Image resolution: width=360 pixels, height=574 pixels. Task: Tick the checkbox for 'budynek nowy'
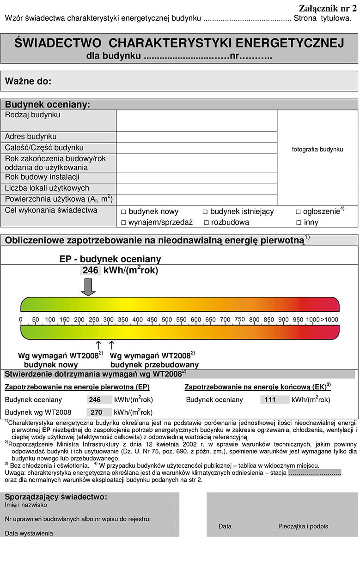click(x=123, y=212)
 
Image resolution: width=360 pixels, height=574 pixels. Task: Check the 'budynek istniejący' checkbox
click(x=205, y=212)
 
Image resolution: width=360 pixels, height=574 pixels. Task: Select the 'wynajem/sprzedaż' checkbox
click(x=123, y=223)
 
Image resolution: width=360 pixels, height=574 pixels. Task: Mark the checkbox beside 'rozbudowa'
click(x=206, y=223)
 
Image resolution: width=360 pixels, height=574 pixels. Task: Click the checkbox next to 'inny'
click(x=299, y=223)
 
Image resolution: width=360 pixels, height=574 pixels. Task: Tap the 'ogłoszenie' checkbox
click(x=298, y=212)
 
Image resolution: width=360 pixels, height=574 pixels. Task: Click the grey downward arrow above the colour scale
click(x=88, y=287)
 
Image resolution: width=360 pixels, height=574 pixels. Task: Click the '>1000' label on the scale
click(x=329, y=320)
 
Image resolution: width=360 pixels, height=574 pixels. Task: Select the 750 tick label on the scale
click(x=239, y=319)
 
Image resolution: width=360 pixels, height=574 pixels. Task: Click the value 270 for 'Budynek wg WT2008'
click(x=96, y=412)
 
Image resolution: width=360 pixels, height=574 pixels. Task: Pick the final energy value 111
click(x=270, y=400)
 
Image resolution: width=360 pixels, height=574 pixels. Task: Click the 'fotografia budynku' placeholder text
click(x=317, y=150)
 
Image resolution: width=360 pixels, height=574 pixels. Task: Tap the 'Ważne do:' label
click(x=28, y=82)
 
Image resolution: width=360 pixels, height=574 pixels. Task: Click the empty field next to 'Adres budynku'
click(x=196, y=137)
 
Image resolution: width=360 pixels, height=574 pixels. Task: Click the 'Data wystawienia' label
click(x=29, y=533)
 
